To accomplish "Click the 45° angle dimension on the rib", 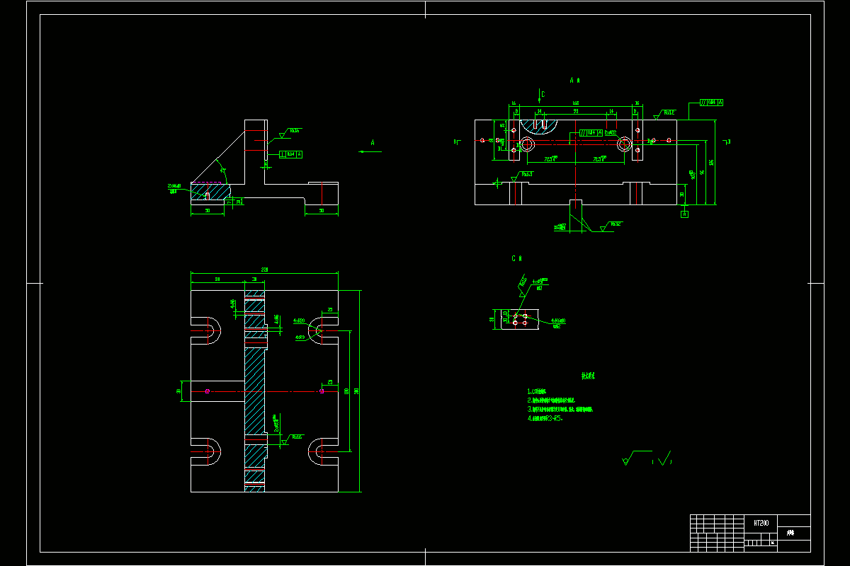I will click(222, 171).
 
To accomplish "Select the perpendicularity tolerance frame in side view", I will click(291, 154).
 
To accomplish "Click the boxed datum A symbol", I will click(684, 214).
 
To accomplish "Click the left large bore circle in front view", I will click(527, 144).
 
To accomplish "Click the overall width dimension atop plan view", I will click(264, 270).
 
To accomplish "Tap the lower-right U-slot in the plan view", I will click(322, 451).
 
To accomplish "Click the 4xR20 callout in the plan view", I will click(298, 320).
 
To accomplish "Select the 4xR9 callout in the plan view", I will click(299, 337).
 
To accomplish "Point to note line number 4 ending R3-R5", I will click(545, 418).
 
